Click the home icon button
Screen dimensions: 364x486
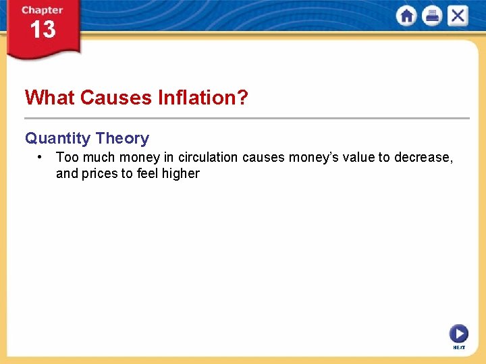coord(407,16)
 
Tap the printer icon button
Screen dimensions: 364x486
coord(432,16)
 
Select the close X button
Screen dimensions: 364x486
coord(457,16)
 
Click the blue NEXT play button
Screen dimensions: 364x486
coord(458,333)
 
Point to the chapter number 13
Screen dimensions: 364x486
coord(42,30)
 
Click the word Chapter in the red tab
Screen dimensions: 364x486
coord(42,10)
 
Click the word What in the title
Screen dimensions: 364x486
coord(49,98)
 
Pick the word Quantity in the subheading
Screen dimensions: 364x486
coord(57,138)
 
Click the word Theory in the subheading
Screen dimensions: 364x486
coord(122,138)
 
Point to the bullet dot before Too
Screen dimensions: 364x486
coord(41,157)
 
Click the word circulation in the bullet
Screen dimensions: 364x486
coord(208,157)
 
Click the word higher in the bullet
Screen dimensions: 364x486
coord(181,173)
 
